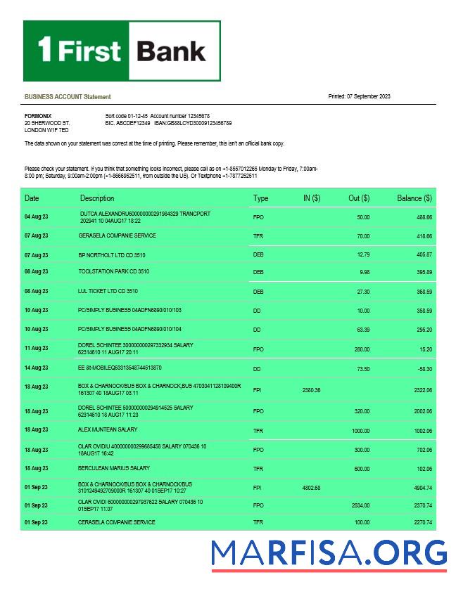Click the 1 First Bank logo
point(122,51)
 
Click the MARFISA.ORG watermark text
point(329,552)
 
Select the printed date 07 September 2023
point(359,96)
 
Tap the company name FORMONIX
point(38,115)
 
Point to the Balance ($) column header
point(414,198)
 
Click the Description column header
point(97,198)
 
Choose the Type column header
point(260,198)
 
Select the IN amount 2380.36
point(311,389)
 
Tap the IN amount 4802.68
point(311,487)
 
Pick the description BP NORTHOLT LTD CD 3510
point(112,254)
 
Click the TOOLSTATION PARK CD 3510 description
point(113,271)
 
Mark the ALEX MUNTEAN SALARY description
point(108,429)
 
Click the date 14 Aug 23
point(37,368)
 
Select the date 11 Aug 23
point(37,348)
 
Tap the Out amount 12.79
point(363,254)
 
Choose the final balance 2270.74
point(420,523)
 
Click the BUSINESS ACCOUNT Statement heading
point(68,96)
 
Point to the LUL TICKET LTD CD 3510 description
point(108,290)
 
